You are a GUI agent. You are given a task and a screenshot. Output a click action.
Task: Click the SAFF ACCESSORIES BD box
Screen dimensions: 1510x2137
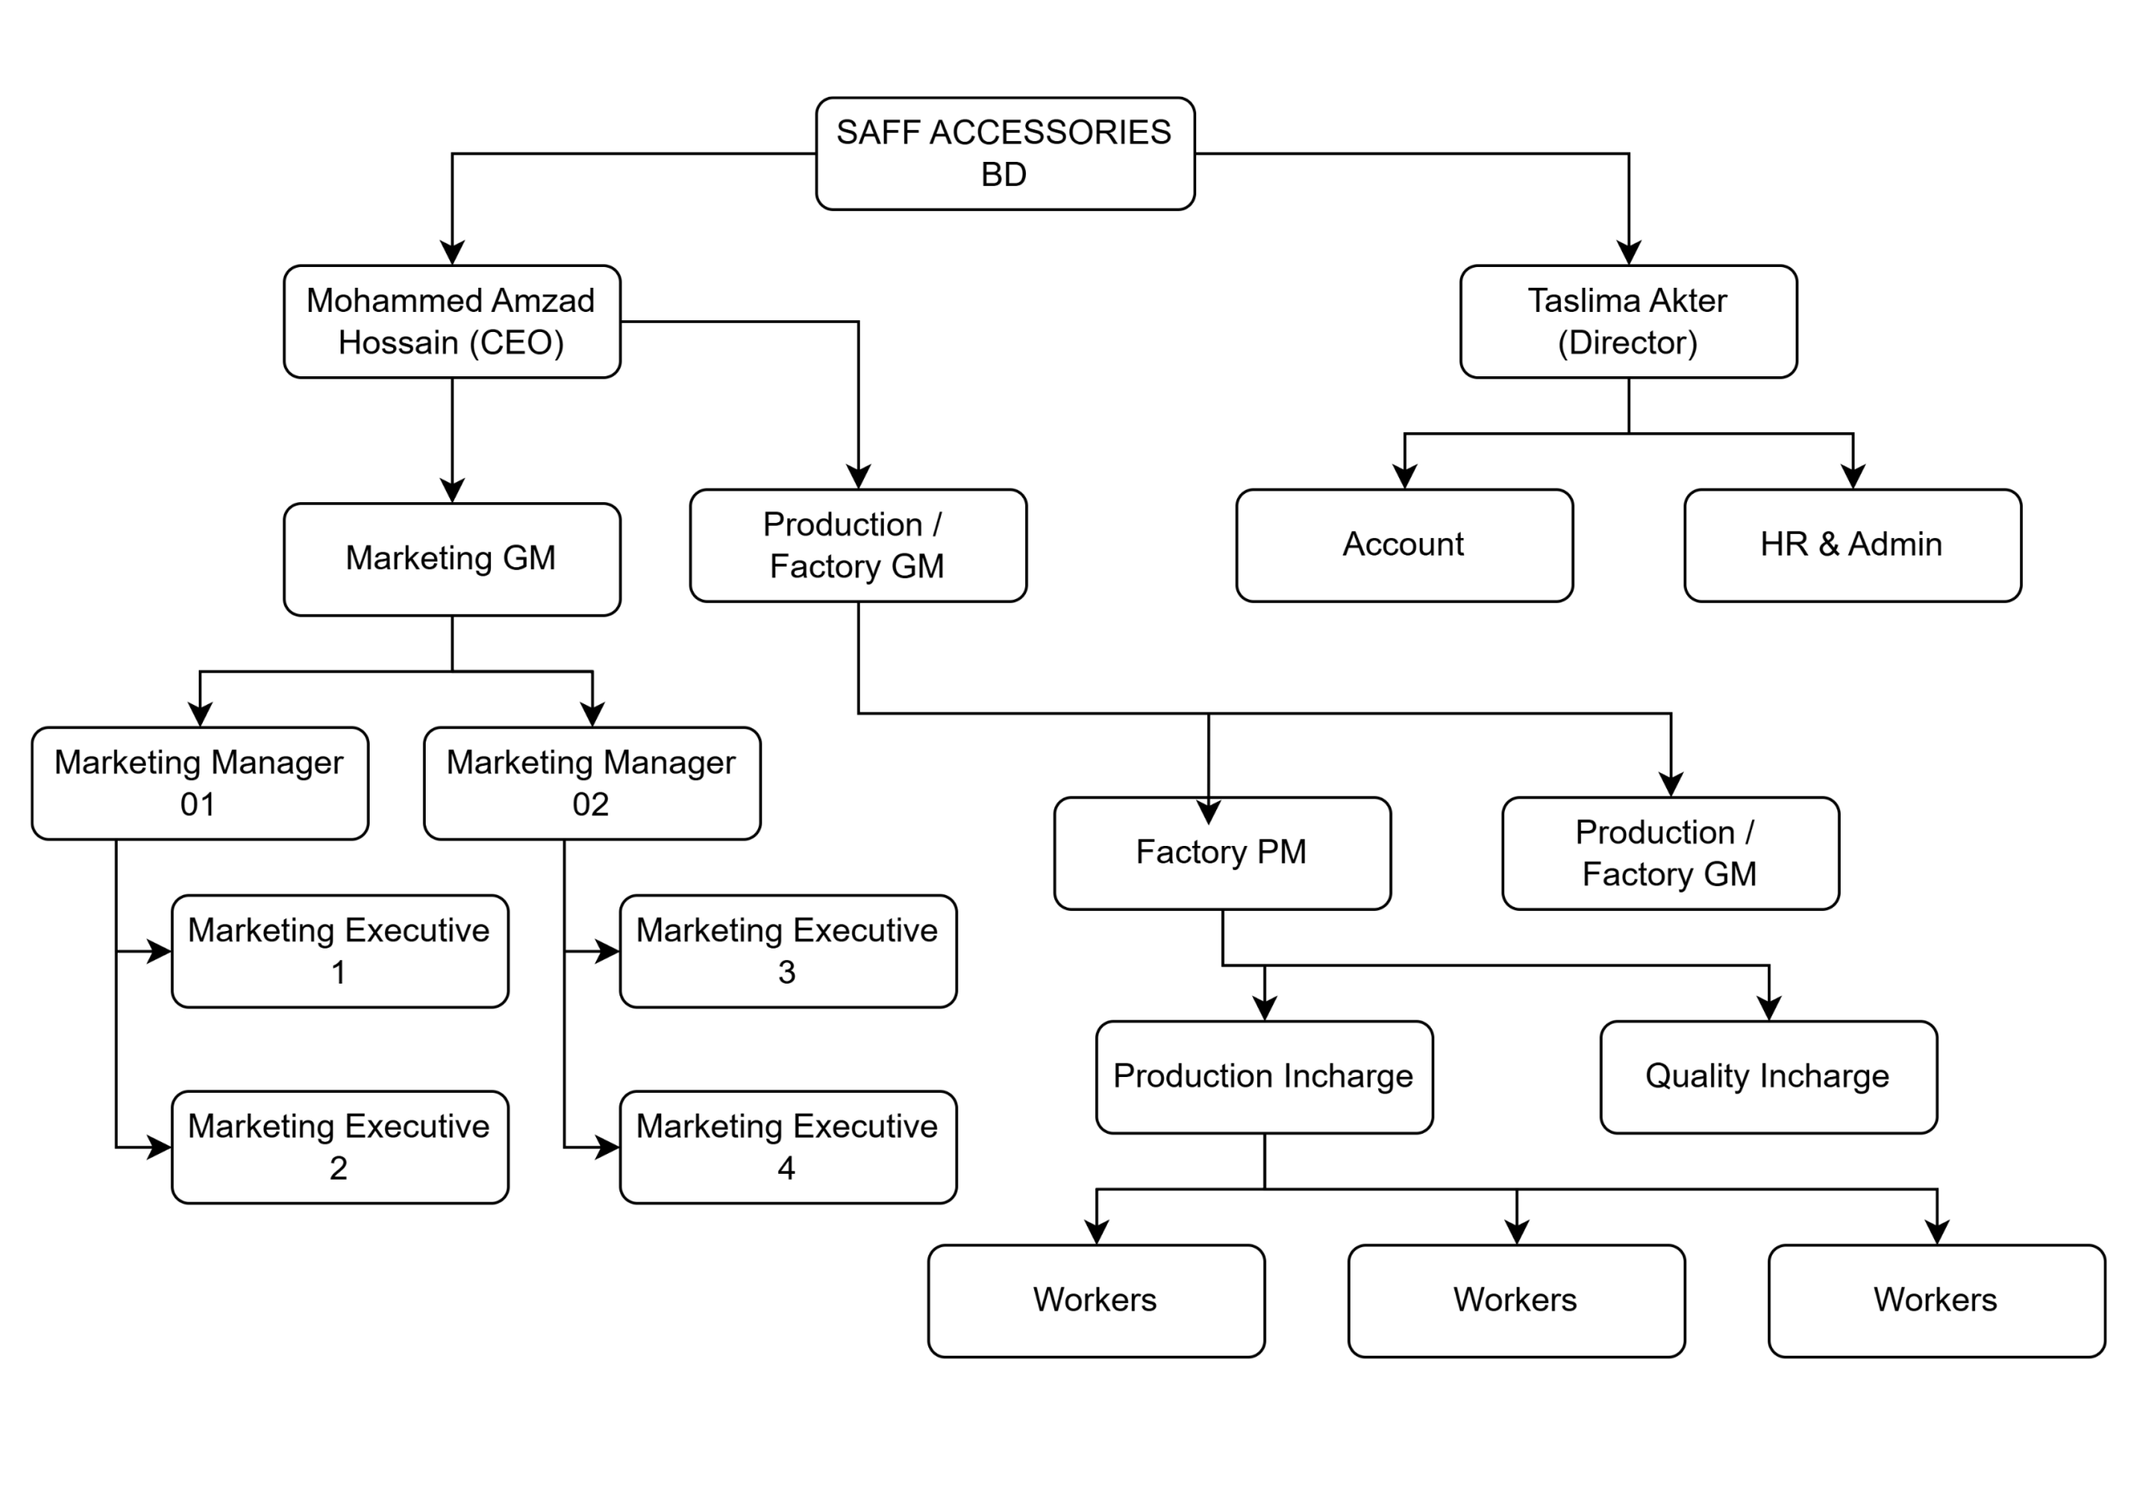(1004, 154)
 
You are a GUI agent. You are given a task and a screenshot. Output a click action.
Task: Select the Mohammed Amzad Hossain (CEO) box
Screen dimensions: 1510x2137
(452, 322)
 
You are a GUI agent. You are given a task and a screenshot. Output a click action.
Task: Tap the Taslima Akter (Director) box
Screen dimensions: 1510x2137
(1628, 322)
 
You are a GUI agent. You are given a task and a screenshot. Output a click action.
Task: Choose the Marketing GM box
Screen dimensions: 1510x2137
(452, 559)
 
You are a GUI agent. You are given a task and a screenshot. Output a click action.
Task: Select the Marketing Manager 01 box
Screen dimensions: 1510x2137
(200, 783)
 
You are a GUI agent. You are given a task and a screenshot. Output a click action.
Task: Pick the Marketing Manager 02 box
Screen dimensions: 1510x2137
(592, 783)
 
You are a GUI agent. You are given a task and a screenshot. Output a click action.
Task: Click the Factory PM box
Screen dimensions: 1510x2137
(1222, 853)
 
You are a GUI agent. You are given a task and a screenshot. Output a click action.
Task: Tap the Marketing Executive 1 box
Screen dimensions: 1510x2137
(340, 951)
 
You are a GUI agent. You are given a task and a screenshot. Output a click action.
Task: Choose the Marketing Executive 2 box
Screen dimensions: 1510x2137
(340, 1147)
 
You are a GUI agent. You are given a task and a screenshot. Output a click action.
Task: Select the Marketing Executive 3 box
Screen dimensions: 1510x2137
(787, 951)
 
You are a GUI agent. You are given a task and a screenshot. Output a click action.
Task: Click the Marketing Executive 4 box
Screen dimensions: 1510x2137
(787, 1147)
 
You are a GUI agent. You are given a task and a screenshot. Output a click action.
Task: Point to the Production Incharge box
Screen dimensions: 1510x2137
(1264, 1077)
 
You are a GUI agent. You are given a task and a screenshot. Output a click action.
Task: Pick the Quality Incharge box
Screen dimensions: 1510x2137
(1768, 1077)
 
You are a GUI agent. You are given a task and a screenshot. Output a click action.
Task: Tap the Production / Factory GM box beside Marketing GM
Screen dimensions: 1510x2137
(857, 546)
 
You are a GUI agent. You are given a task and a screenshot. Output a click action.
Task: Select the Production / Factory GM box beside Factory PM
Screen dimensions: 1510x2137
(1670, 853)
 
